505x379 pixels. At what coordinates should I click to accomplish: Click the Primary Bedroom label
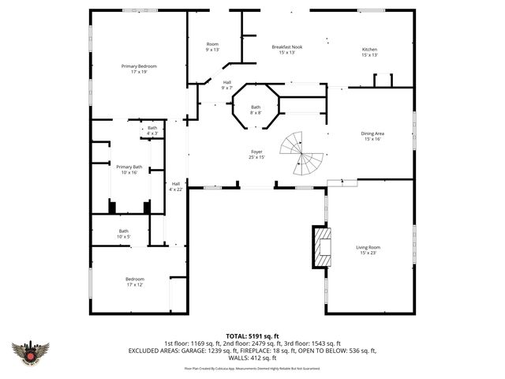pyautogui.click(x=139, y=69)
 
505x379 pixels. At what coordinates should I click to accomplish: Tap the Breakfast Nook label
pyautogui.click(x=283, y=50)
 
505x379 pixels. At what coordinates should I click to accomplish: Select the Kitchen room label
pyautogui.click(x=370, y=52)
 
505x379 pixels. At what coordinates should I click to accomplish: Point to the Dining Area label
pyautogui.click(x=372, y=136)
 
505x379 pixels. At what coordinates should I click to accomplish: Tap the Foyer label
pyautogui.click(x=257, y=154)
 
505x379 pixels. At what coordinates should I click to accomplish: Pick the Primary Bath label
pyautogui.click(x=129, y=169)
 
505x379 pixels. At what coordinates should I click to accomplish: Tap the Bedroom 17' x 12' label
pyautogui.click(x=135, y=282)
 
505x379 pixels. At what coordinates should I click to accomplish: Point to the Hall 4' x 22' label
pyautogui.click(x=175, y=186)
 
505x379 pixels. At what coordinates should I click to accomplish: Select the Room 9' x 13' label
pyautogui.click(x=212, y=47)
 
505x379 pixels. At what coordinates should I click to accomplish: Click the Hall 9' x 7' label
pyautogui.click(x=227, y=84)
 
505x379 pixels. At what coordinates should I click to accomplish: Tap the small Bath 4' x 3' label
pyautogui.click(x=152, y=130)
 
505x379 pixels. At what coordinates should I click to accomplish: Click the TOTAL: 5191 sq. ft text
pyautogui.click(x=252, y=336)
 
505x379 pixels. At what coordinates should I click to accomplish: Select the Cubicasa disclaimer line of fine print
pyautogui.click(x=252, y=368)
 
